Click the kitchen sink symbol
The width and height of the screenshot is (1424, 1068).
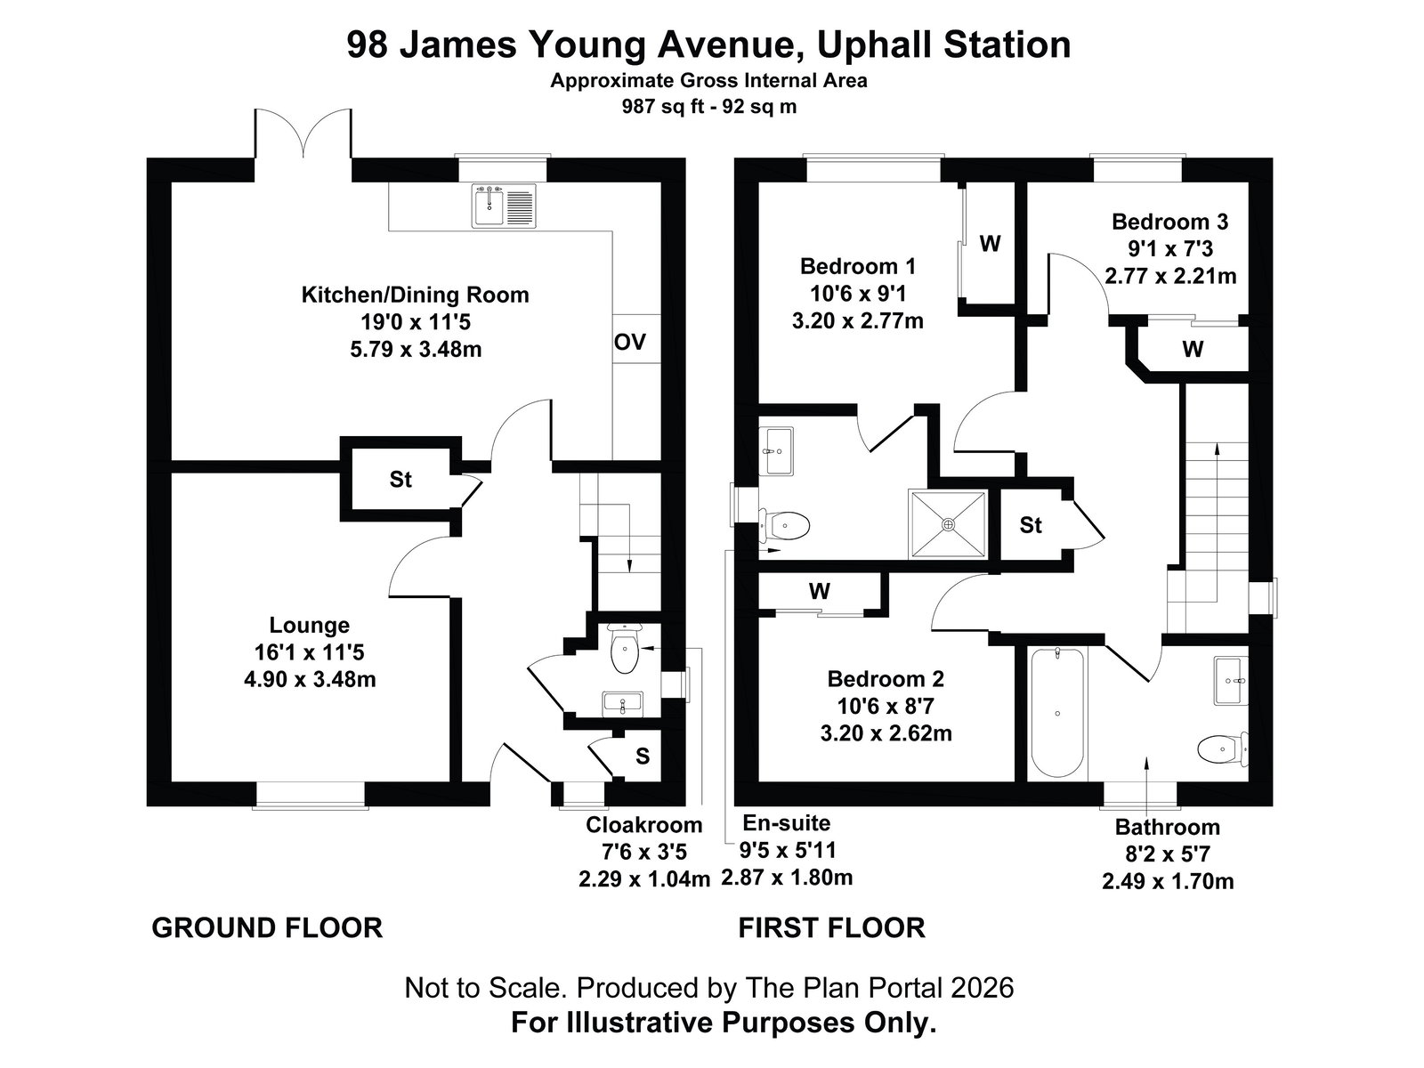(505, 206)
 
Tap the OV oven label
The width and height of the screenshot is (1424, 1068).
(630, 342)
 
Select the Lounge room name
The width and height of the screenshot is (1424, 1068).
(310, 625)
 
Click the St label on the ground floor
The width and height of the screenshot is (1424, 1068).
(400, 479)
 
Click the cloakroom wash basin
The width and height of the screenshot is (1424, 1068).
(622, 703)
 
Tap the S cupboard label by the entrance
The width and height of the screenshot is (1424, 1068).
(643, 756)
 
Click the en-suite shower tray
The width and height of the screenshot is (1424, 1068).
(949, 524)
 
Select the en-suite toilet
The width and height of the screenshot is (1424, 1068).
(785, 525)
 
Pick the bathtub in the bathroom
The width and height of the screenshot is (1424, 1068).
(1057, 713)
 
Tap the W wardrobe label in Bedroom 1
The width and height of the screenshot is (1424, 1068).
(990, 243)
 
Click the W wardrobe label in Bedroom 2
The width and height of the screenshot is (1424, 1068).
(820, 591)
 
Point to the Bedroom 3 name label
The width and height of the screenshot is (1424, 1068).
(1169, 222)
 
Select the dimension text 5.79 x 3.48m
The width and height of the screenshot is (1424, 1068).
(416, 350)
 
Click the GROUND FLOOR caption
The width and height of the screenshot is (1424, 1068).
(267, 928)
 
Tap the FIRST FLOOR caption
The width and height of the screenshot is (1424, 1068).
(831, 928)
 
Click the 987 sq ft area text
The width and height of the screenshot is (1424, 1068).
(663, 106)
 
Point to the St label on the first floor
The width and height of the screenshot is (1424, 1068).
(1031, 524)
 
